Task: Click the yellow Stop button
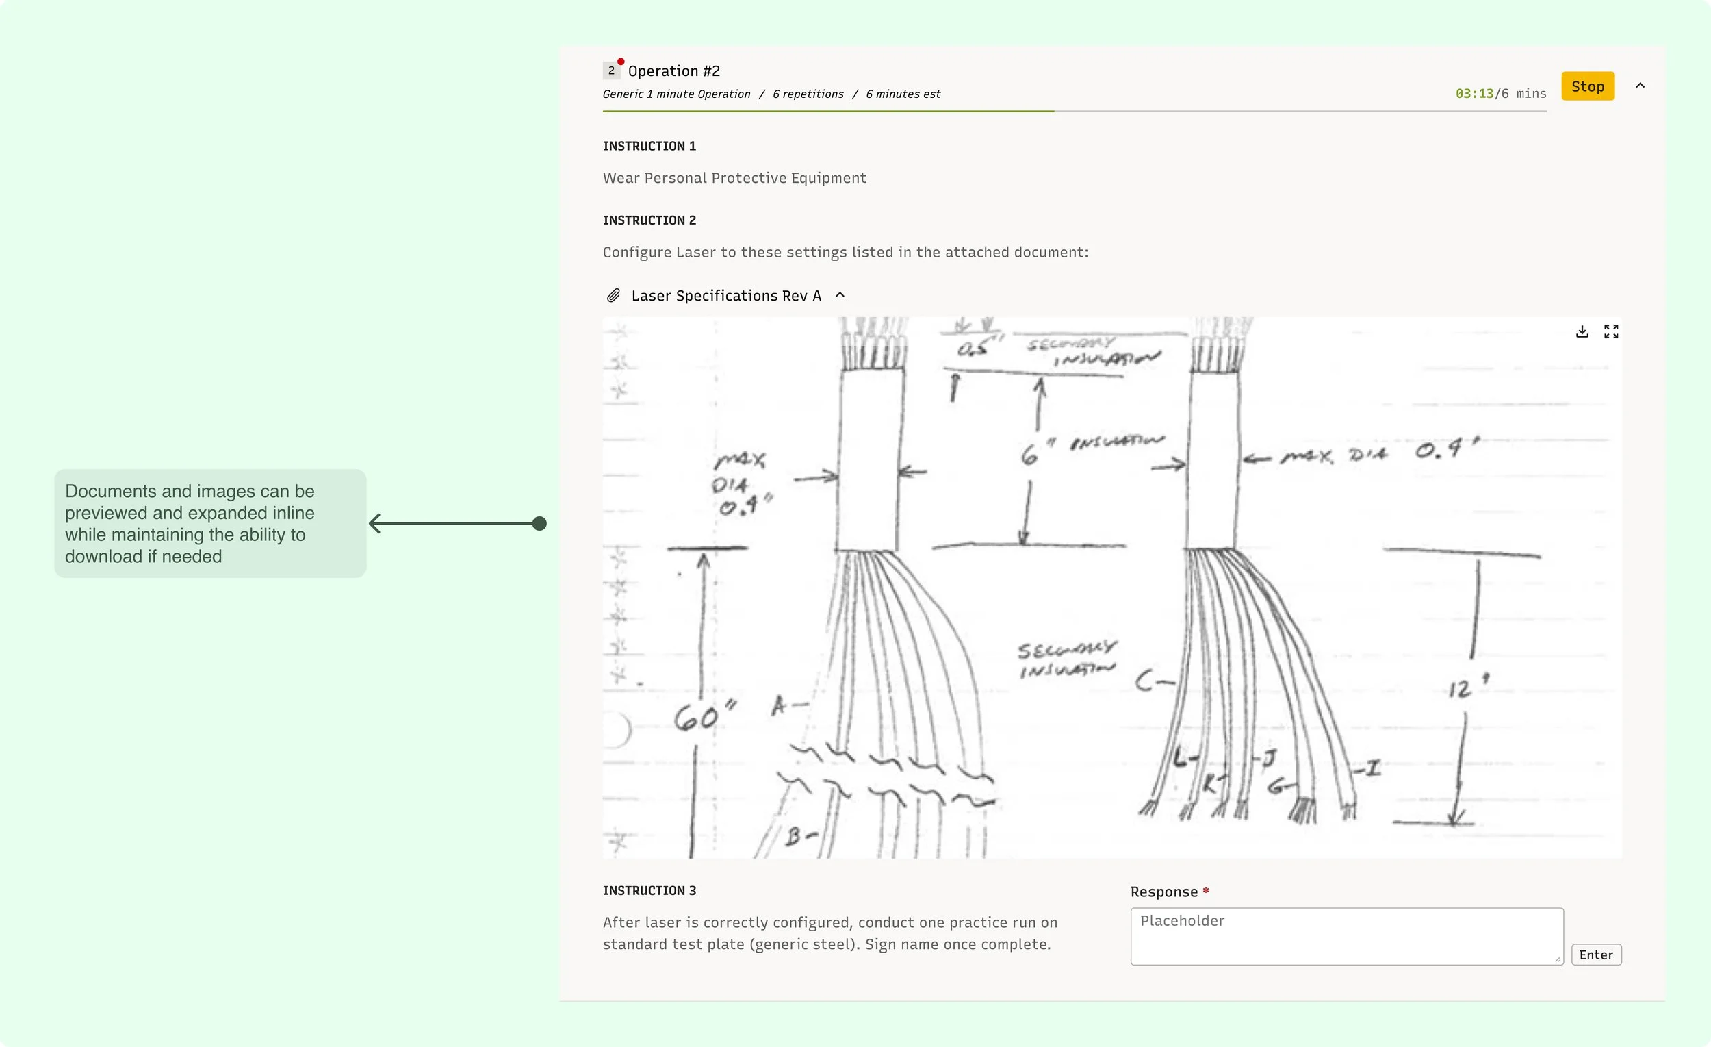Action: (x=1587, y=86)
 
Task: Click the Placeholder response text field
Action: (x=1346, y=935)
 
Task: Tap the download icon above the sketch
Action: (x=1582, y=331)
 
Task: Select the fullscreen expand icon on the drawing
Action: (x=1611, y=331)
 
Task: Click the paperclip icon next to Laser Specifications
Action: (x=613, y=296)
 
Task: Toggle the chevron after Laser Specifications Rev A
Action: (x=840, y=294)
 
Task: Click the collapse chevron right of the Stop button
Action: (x=1641, y=86)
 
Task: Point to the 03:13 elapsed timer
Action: (x=1474, y=94)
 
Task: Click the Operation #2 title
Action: (x=673, y=71)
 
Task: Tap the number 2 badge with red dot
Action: (x=611, y=70)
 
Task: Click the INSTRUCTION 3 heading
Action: (x=649, y=891)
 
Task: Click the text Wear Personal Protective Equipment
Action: (x=734, y=178)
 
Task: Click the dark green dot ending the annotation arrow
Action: (x=539, y=523)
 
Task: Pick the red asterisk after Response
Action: (x=1206, y=891)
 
